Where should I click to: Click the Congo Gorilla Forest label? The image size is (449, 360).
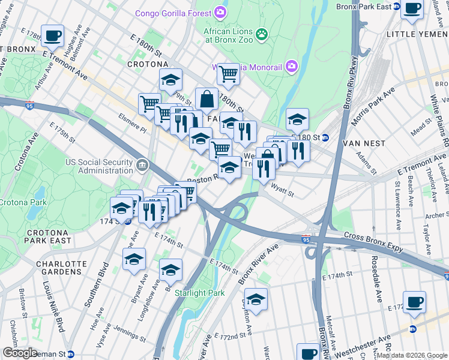(173, 13)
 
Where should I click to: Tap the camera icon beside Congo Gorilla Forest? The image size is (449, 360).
(220, 13)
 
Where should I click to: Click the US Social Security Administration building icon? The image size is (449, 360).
(142, 164)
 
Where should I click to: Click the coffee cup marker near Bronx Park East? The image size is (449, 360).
(412, 9)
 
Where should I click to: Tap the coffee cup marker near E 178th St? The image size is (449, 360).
(52, 35)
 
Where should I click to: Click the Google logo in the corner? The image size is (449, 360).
(20, 353)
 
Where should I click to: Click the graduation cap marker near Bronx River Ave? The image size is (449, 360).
(256, 299)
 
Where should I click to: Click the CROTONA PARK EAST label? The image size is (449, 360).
(48, 236)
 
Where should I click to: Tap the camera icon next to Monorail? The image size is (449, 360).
(292, 65)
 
